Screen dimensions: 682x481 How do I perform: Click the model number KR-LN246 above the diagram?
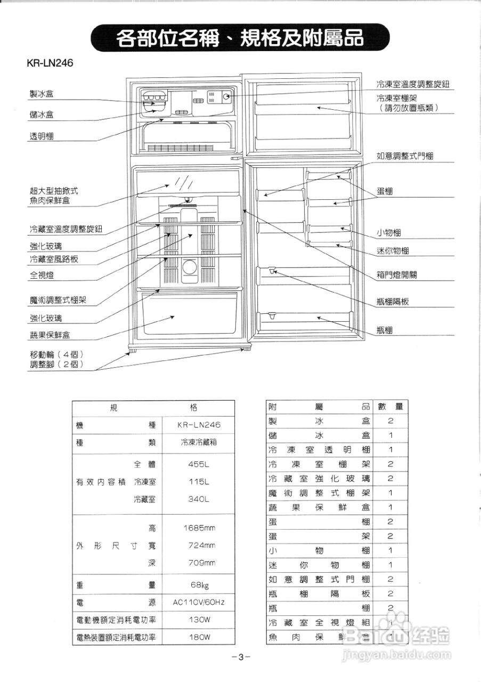pyautogui.click(x=50, y=63)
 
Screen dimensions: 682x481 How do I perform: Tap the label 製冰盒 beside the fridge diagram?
pyautogui.click(x=41, y=94)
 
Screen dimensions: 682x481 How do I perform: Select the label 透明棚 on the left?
pyautogui.click(x=41, y=136)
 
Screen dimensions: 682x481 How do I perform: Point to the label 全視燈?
pyautogui.click(x=41, y=275)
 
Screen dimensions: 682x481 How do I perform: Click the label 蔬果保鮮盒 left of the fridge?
pyautogui.click(x=50, y=335)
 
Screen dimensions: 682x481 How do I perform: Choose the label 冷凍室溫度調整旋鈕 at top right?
pyautogui.click(x=413, y=85)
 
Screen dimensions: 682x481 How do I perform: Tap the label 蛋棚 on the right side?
pyautogui.click(x=385, y=192)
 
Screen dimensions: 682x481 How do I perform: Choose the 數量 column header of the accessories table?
pyautogui.click(x=390, y=407)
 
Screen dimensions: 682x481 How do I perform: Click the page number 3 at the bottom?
pyautogui.click(x=241, y=656)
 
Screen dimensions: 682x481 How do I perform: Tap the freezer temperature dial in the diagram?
pyautogui.click(x=226, y=97)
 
